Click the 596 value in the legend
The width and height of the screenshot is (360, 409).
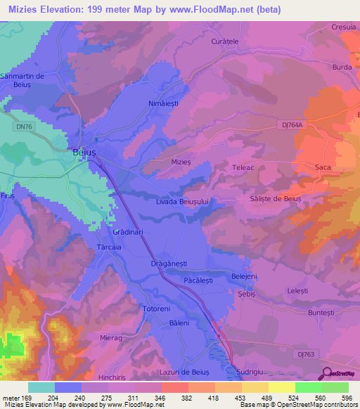(347, 397)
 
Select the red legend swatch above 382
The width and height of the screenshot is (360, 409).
(174, 387)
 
